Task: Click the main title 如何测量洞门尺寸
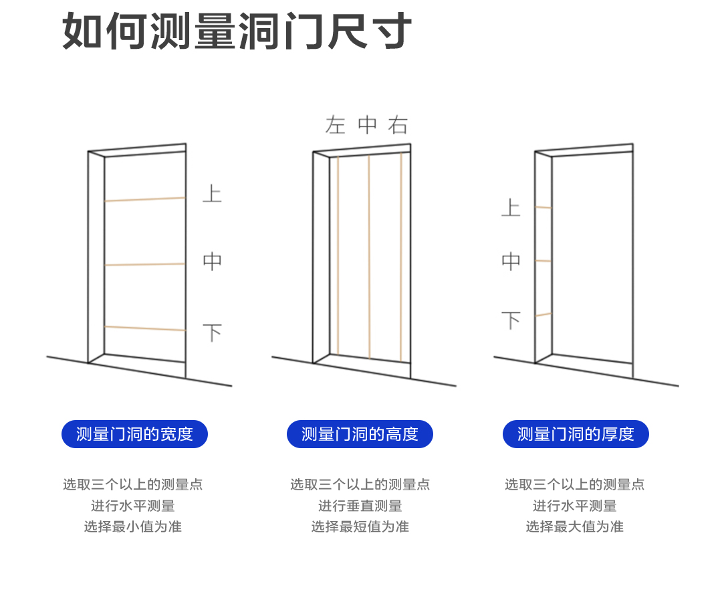237,31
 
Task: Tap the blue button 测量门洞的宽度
134,434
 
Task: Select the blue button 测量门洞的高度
360,434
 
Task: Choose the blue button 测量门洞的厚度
576,434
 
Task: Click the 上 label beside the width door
212,194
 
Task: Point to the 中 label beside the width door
212,262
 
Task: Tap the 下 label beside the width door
212,332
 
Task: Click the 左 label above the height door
335,125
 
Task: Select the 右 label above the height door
398,125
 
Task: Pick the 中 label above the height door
367,125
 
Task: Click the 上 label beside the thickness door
511,207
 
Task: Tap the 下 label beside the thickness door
511,321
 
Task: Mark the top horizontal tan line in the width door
144,199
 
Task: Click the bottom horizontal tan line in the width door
144,328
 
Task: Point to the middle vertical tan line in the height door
369,258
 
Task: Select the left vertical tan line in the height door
338,254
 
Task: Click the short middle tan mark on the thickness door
544,261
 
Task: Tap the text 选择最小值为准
133,526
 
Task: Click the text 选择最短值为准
360,526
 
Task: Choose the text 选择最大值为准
574,526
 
